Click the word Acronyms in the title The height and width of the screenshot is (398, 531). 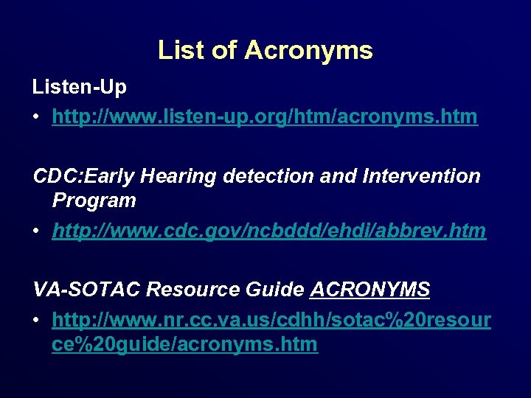[308, 50]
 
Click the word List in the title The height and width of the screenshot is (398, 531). [177, 50]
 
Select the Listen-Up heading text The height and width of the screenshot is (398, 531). [80, 87]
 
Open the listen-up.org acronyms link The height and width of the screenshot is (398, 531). [265, 116]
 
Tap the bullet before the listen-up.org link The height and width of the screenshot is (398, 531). [37, 117]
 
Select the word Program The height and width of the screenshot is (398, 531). [94, 200]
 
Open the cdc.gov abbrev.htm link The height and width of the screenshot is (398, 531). [269, 231]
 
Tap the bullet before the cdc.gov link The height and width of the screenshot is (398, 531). [37, 231]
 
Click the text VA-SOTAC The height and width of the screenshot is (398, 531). [87, 290]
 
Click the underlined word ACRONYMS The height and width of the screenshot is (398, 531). [370, 290]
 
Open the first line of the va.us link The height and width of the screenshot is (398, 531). [271, 321]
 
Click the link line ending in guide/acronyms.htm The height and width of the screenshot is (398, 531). [184, 344]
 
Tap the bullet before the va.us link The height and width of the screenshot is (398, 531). [37, 321]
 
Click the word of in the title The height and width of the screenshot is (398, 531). [226, 50]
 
